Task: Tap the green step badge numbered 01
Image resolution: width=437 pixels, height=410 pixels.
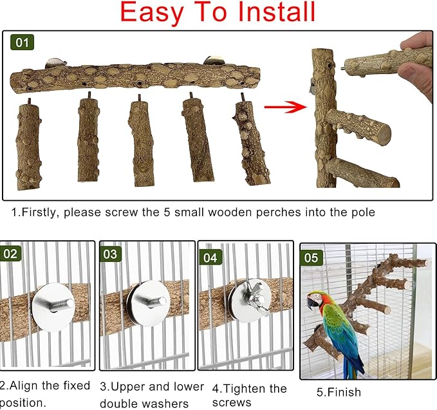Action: tap(23, 43)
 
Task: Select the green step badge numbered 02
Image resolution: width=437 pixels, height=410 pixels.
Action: tap(11, 254)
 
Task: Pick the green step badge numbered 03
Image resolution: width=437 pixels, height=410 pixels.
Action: tap(111, 254)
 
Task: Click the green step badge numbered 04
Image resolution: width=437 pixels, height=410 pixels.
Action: tap(210, 257)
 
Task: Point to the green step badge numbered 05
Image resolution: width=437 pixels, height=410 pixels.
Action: tap(311, 259)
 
